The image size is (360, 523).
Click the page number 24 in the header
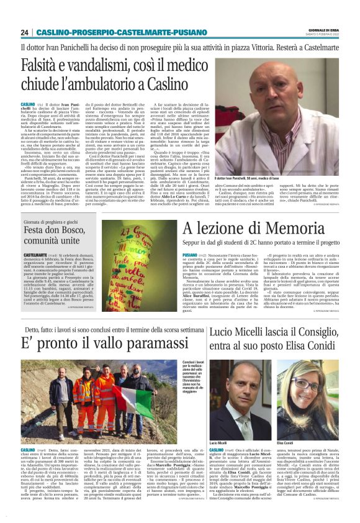(25, 32)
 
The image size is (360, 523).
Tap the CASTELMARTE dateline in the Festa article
(35, 254)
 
